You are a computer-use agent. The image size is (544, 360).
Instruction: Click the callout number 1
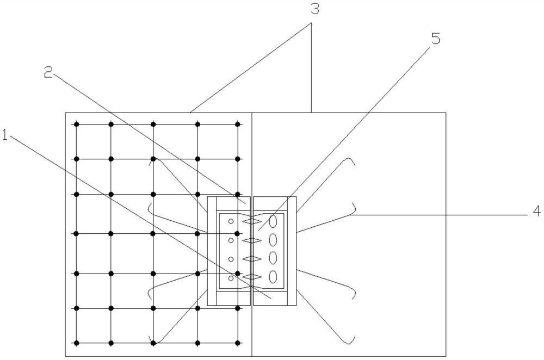(x=5, y=136)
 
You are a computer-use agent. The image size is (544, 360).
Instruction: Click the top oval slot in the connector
(x=274, y=221)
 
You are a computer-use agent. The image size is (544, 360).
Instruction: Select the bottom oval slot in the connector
(x=274, y=276)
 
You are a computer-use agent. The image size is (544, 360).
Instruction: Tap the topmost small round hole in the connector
(x=231, y=221)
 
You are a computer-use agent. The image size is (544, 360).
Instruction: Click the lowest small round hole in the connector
(x=231, y=278)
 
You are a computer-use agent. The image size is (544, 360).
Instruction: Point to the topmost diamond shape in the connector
(x=252, y=222)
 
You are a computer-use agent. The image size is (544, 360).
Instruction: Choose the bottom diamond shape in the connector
(x=252, y=277)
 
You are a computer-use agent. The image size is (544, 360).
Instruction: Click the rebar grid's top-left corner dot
(x=77, y=125)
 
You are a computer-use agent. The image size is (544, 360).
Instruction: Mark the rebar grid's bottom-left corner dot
(x=77, y=343)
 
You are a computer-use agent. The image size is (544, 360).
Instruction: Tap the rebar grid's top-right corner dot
(x=238, y=125)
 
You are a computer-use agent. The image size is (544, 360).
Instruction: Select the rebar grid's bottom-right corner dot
(x=238, y=343)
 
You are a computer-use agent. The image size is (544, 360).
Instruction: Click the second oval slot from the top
(x=274, y=239)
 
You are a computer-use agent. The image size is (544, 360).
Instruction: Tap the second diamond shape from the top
(x=252, y=240)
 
